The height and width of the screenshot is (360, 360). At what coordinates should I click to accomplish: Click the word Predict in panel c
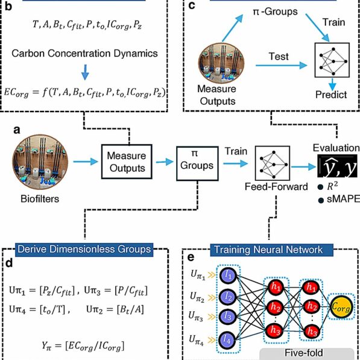pos(331,95)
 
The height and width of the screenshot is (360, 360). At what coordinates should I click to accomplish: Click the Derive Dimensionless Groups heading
pos(82,247)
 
